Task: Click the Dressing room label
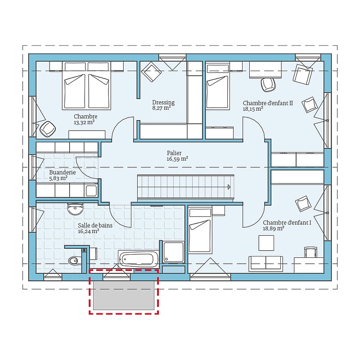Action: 163,103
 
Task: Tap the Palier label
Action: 174,153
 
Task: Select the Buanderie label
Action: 63,172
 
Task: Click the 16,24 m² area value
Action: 88,231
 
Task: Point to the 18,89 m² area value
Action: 274,229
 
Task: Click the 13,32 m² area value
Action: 84,122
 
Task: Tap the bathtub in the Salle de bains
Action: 138,259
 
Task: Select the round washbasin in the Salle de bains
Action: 75,209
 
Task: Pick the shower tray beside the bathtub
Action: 174,252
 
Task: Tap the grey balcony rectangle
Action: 124,296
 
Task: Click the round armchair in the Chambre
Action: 48,129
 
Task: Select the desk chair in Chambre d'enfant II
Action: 268,85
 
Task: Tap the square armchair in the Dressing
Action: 151,72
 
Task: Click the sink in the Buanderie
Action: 91,191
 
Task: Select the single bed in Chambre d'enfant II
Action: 217,86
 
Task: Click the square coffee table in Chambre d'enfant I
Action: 266,243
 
